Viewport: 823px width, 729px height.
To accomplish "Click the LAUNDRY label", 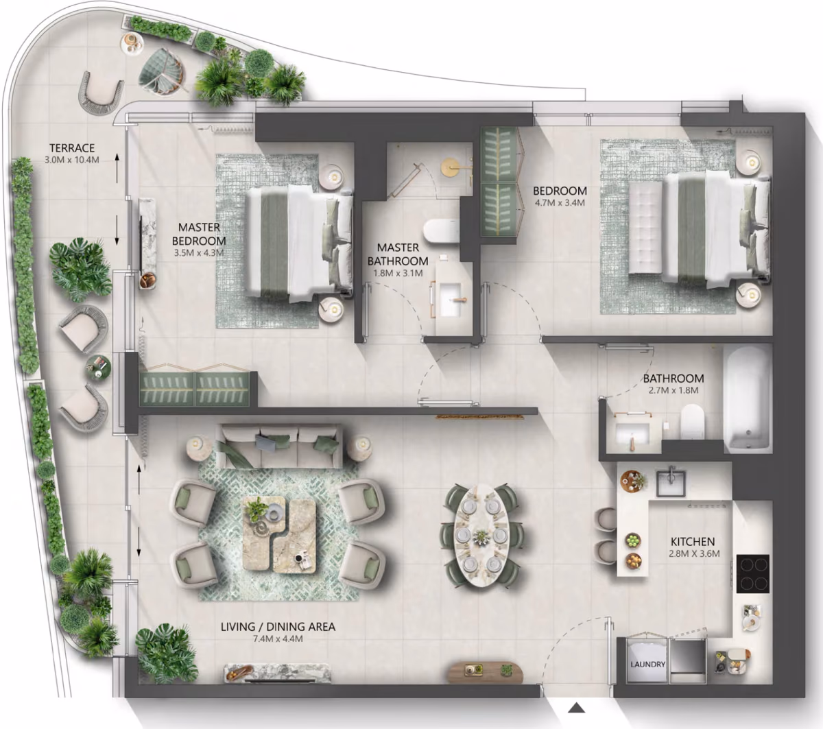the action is (647, 665).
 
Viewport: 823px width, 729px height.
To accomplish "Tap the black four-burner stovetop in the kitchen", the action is (753, 574).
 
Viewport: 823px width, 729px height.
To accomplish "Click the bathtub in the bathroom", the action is (747, 399).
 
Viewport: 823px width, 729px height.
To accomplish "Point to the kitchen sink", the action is (671, 483).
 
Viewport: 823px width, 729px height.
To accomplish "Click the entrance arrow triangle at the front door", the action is (576, 708).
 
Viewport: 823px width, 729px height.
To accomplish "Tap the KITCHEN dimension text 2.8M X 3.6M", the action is (694, 553).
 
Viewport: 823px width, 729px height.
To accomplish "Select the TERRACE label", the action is (72, 148).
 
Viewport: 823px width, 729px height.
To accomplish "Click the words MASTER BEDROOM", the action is (199, 234).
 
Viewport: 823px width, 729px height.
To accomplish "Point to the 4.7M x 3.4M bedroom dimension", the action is (560, 202).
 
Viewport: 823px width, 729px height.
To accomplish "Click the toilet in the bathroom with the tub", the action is (693, 421).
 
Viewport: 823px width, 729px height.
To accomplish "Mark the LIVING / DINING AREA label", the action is (278, 627).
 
